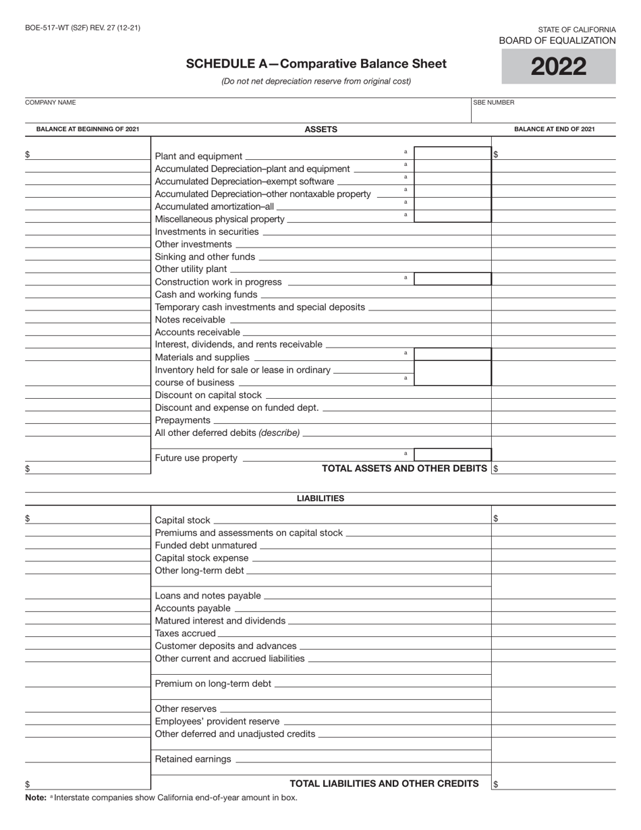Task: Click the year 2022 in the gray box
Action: tap(558, 67)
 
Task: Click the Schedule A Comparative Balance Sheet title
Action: tap(316, 64)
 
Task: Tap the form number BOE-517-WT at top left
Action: tap(82, 28)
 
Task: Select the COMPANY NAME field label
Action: tap(50, 103)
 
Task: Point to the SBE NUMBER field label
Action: tap(494, 103)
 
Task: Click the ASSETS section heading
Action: tap(320, 129)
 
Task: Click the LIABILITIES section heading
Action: tap(320, 499)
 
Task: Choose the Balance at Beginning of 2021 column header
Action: tap(88, 129)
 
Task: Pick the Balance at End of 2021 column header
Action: tap(554, 129)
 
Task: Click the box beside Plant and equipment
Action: tap(452, 154)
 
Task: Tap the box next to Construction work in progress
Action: tap(452, 279)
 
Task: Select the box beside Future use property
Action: tap(452, 455)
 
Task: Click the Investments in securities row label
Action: tap(206, 231)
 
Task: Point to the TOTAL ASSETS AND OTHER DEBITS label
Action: tap(405, 468)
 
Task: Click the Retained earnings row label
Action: tap(193, 759)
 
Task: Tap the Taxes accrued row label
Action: tap(186, 634)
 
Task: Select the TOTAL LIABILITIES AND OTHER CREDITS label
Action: tap(384, 783)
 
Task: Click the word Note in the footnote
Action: tap(36, 798)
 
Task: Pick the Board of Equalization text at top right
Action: tap(557, 40)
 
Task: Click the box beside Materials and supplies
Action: tap(452, 354)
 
